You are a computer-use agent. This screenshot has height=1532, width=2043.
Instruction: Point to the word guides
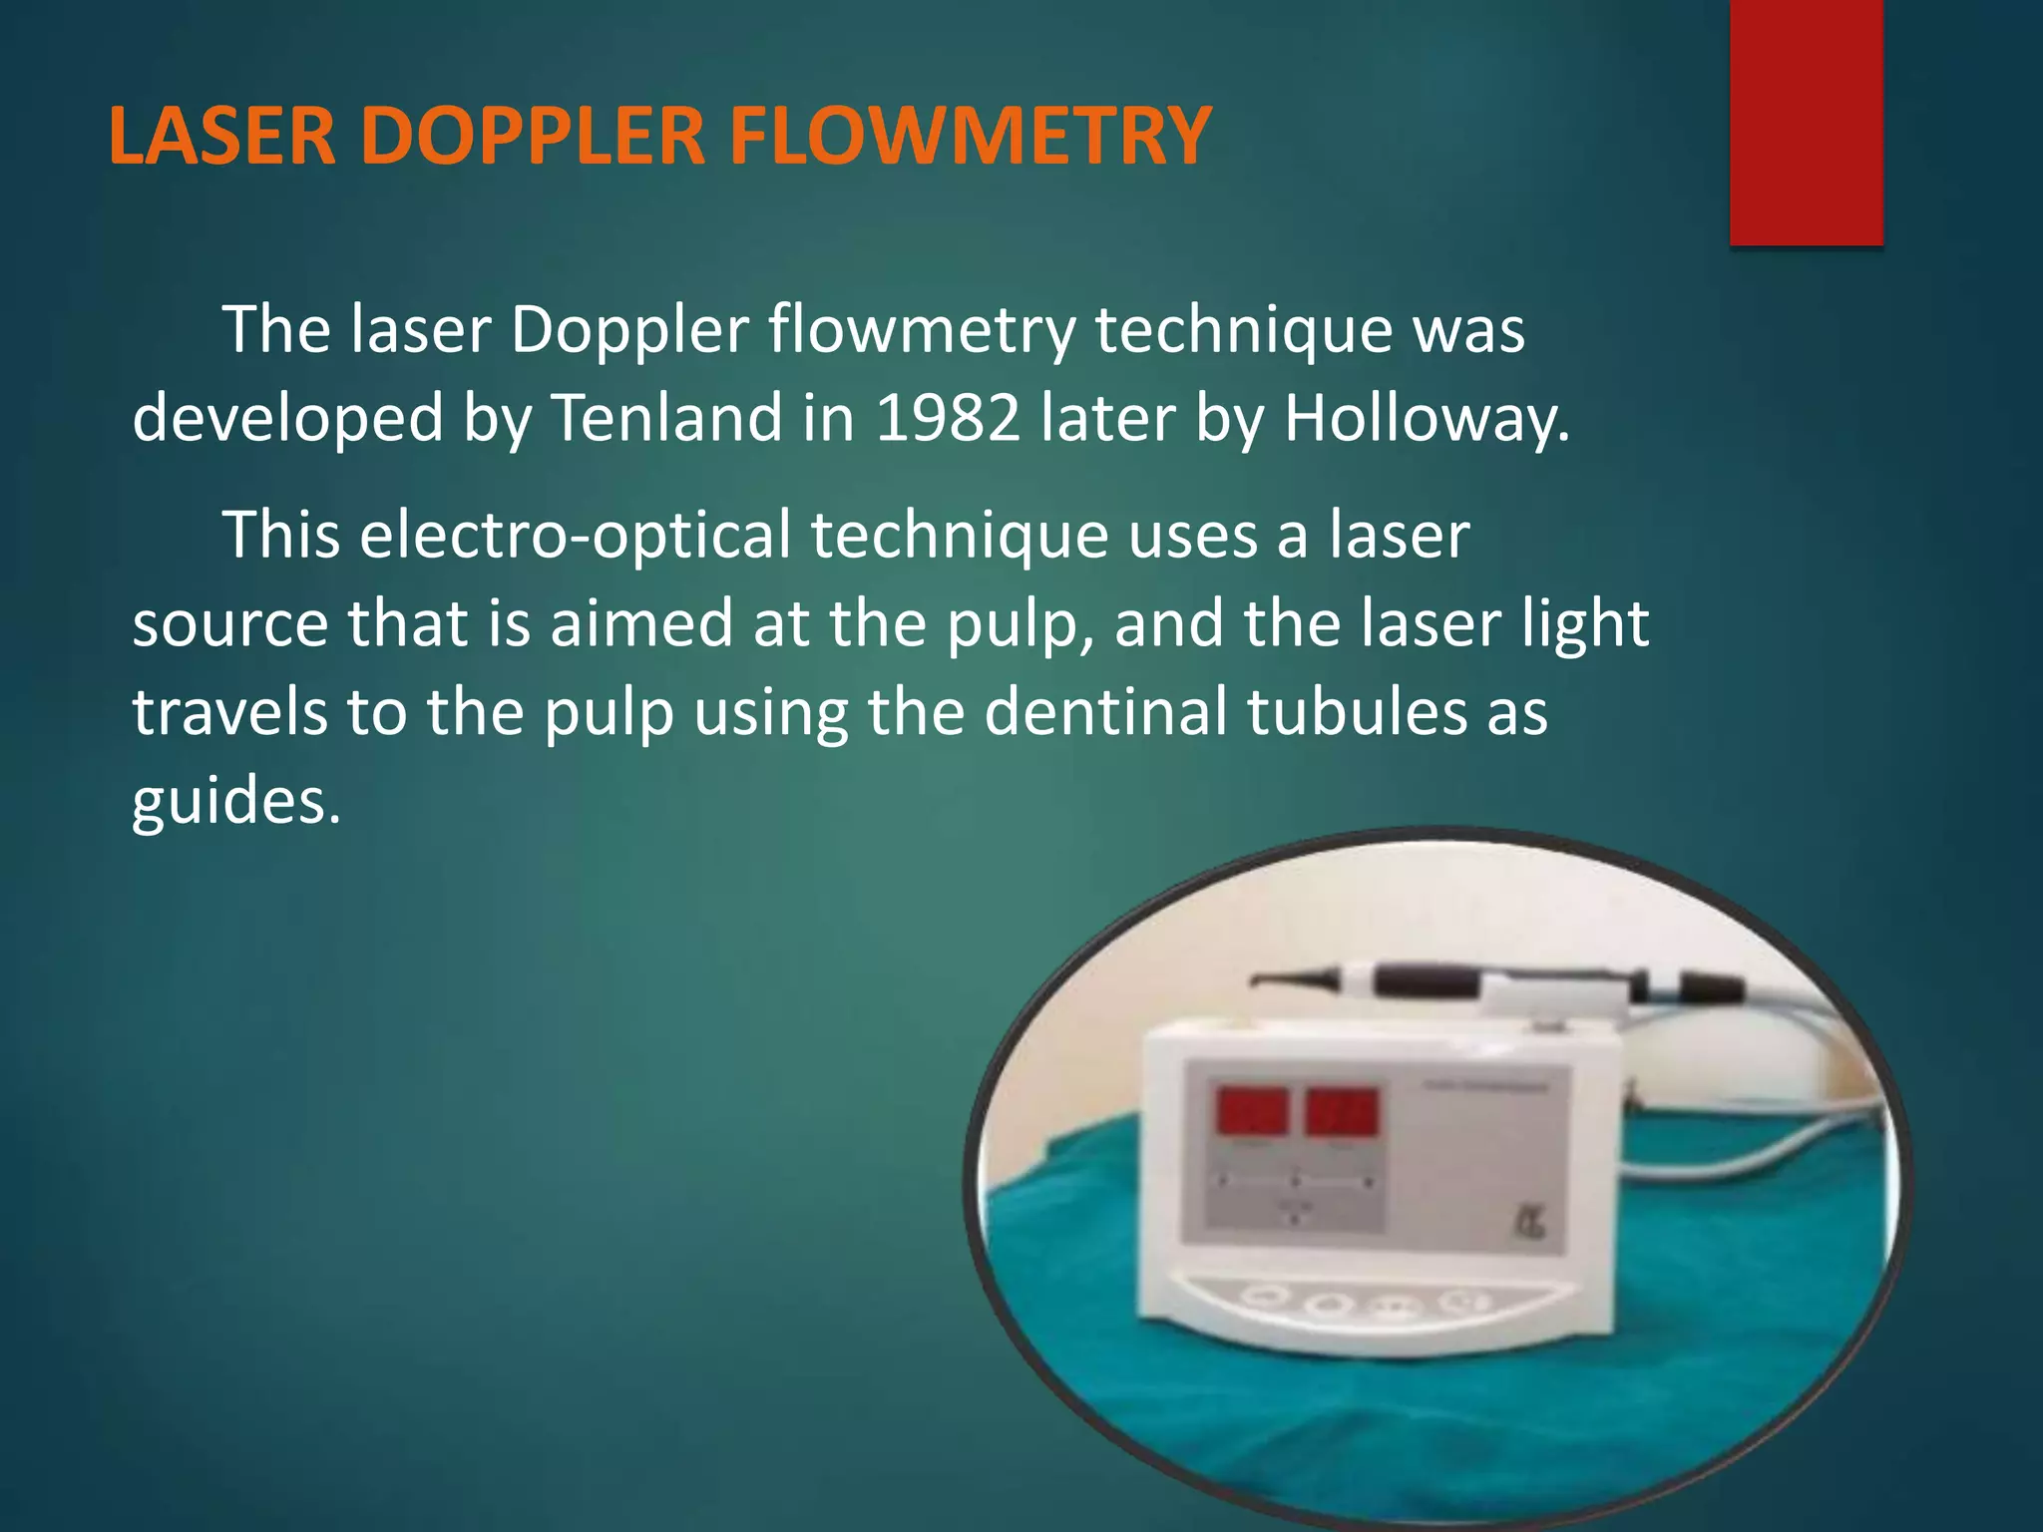tap(235, 800)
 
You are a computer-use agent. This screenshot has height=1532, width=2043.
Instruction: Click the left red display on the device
tap(1252, 1112)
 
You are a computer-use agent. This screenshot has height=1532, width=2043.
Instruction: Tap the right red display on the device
tap(1343, 1112)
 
